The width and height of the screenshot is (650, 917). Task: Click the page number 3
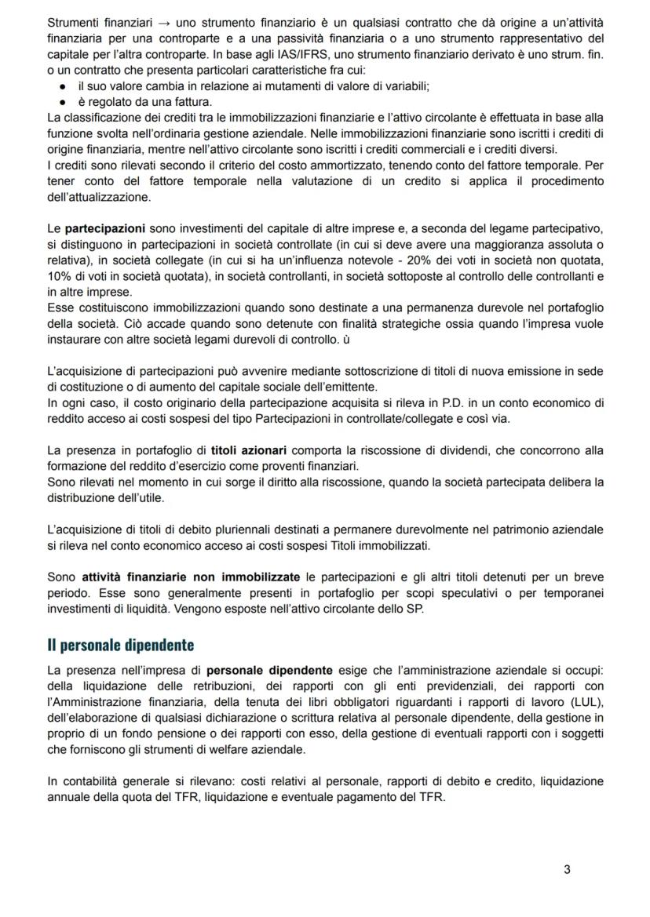click(567, 868)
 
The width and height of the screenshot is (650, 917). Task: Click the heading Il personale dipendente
click(120, 645)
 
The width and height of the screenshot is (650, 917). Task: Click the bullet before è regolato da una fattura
click(62, 102)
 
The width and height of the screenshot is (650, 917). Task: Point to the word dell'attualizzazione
click(99, 198)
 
